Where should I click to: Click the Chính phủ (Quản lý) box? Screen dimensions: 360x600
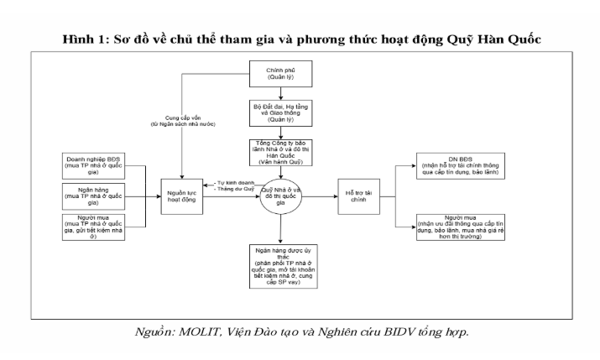click(274, 73)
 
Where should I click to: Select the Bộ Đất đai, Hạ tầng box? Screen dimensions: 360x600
click(274, 113)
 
